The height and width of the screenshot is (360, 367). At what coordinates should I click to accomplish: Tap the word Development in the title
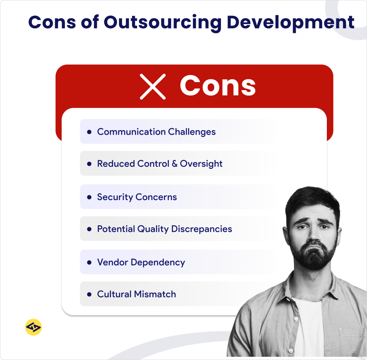point(291,22)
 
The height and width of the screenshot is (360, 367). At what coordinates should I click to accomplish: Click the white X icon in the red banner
point(153,87)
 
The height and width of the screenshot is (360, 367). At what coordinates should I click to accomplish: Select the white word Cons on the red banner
point(218,86)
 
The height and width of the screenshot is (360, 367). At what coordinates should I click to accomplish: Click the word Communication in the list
point(131,132)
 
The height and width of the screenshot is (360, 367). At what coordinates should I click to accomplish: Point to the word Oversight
point(201,164)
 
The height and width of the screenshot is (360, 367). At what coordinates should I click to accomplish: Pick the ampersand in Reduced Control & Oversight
point(175,164)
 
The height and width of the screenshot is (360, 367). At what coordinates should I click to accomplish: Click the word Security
point(115,197)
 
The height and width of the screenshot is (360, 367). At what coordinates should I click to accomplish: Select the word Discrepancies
point(202,229)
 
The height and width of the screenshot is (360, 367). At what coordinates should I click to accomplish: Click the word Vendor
point(112,262)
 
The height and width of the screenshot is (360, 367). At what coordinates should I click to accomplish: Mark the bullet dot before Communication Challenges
point(89,132)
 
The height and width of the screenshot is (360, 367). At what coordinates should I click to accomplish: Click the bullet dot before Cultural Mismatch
point(89,294)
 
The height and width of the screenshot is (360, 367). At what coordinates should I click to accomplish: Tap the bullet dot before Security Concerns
point(89,197)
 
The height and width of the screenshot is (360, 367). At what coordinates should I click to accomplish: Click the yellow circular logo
point(33,327)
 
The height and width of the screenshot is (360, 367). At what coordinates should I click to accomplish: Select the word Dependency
point(158,262)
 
